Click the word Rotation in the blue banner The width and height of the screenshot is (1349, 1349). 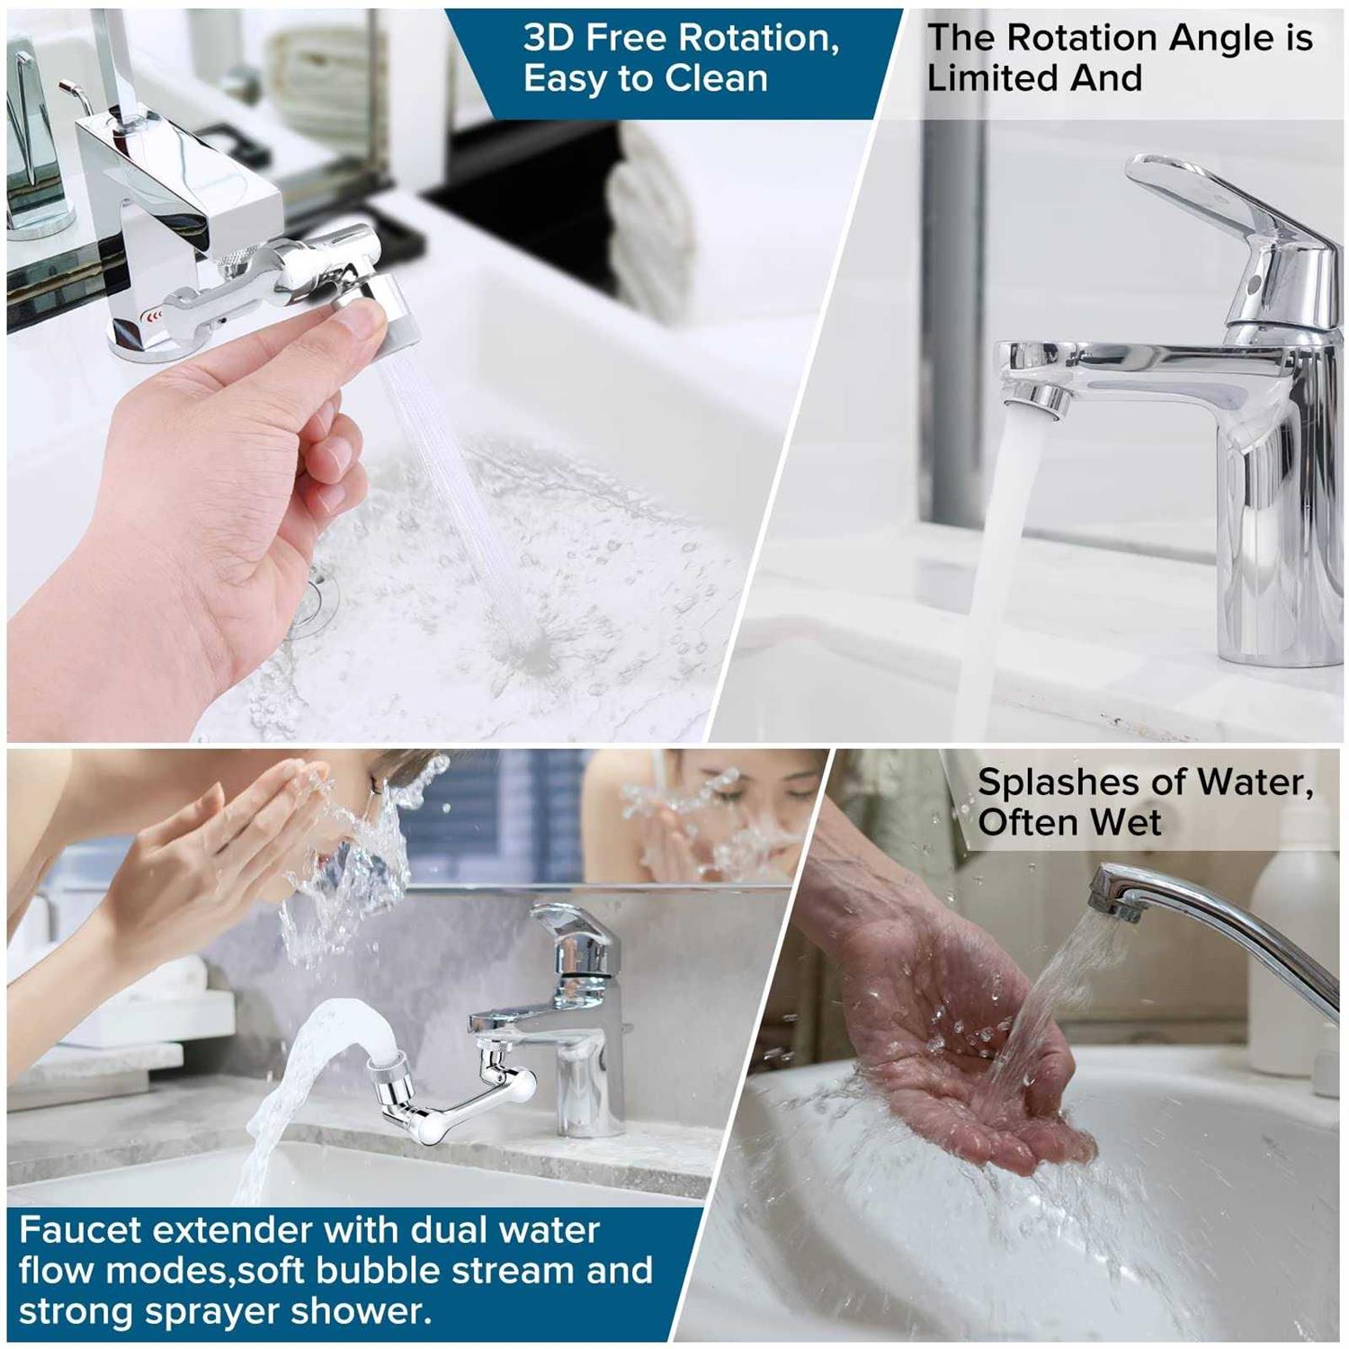(x=758, y=38)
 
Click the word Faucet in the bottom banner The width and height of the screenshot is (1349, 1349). (x=76, y=1229)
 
